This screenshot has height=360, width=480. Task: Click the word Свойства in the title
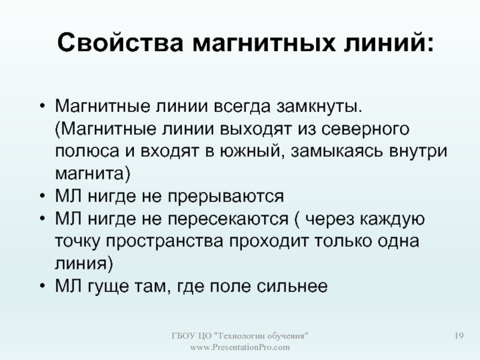click(120, 43)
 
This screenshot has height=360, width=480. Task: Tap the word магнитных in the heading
click(264, 43)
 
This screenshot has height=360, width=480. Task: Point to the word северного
click(365, 130)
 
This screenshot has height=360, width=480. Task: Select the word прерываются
click(226, 197)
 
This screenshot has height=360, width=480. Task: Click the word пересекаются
click(228, 219)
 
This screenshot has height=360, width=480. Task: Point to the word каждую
click(392, 219)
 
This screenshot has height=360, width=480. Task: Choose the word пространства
click(164, 242)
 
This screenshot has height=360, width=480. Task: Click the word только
click(343, 241)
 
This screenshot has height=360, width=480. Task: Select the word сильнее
click(292, 287)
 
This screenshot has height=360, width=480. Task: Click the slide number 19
click(459, 336)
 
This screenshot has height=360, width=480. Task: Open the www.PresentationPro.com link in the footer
click(239, 347)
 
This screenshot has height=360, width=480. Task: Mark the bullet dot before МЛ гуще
click(42, 287)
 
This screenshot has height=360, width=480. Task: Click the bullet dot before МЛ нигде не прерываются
click(42, 197)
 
